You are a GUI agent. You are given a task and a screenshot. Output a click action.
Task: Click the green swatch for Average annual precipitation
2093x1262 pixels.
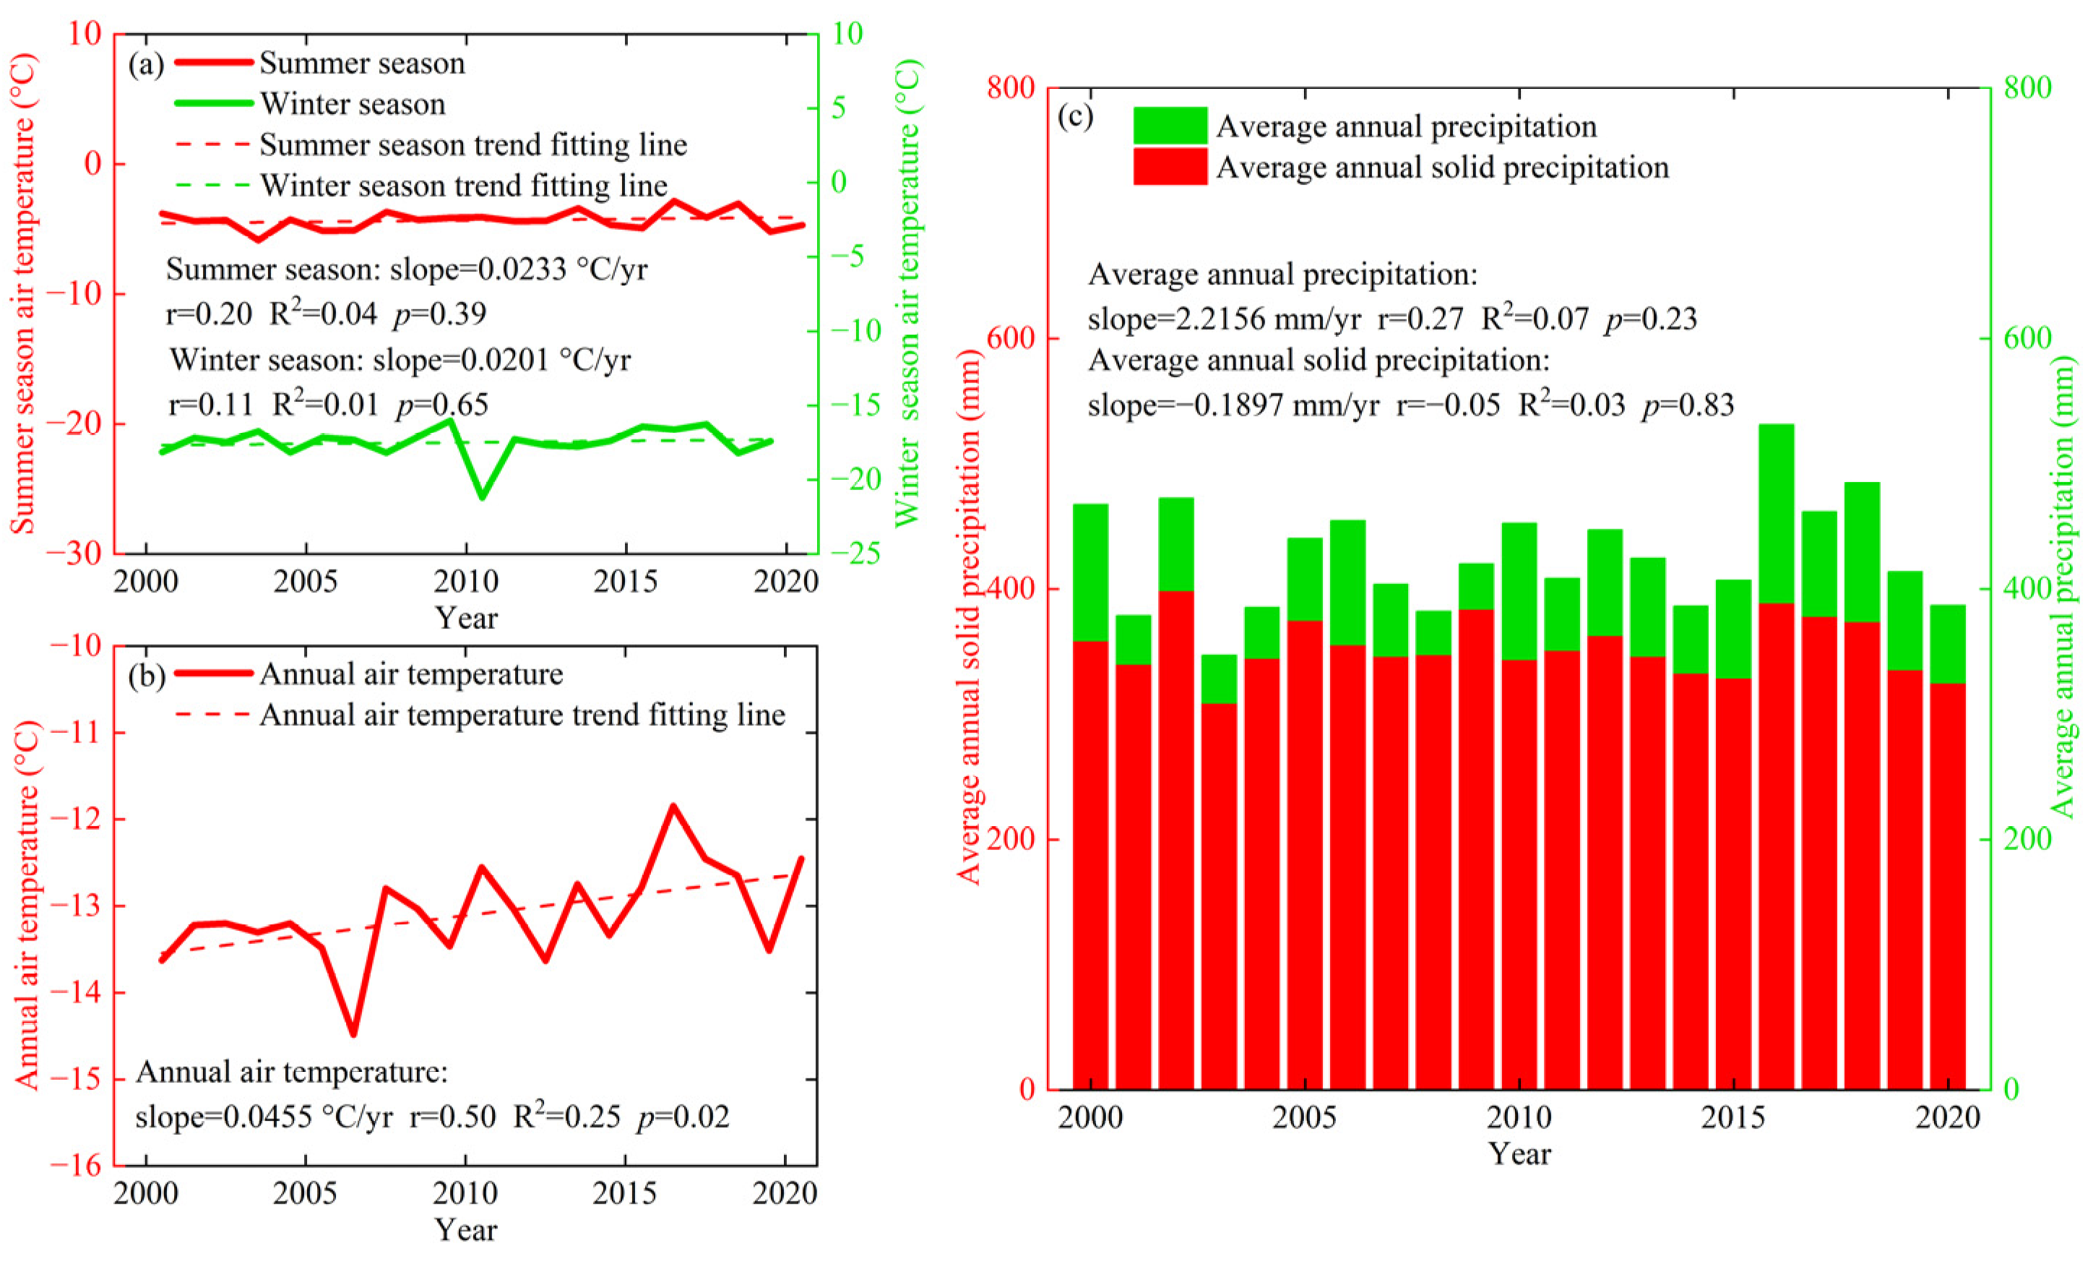click(x=1170, y=125)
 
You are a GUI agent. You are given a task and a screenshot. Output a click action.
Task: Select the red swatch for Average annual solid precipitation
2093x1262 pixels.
click(x=1170, y=166)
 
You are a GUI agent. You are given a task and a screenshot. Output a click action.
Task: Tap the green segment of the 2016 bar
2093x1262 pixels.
click(x=1775, y=513)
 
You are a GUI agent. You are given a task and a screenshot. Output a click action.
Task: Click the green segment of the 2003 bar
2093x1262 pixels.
click(x=1218, y=678)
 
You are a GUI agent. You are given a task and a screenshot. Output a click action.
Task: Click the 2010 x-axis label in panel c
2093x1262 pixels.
click(x=1518, y=1116)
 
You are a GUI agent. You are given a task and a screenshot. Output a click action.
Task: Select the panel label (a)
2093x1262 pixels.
click(x=145, y=64)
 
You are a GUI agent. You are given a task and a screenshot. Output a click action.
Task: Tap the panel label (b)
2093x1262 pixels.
click(x=145, y=675)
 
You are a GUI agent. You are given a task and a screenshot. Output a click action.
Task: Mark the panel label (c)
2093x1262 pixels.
click(x=1074, y=116)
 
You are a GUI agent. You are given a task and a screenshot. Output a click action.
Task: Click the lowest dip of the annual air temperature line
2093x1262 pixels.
click(x=353, y=1034)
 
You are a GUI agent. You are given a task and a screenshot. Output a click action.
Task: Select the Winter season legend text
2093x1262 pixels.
click(x=353, y=103)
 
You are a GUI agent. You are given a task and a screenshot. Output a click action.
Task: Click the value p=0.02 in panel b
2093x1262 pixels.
click(x=683, y=1116)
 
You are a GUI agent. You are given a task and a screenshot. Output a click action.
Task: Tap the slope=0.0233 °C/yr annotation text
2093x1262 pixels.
click(x=518, y=270)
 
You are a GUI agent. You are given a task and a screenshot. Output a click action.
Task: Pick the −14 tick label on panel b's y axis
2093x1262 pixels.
click(x=77, y=992)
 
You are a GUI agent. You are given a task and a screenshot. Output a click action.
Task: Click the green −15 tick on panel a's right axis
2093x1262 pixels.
click(x=855, y=405)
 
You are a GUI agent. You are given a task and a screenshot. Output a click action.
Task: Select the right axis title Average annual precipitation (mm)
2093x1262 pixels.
click(x=2063, y=586)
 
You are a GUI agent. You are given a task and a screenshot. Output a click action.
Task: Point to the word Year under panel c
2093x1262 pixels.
click(x=1519, y=1154)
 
